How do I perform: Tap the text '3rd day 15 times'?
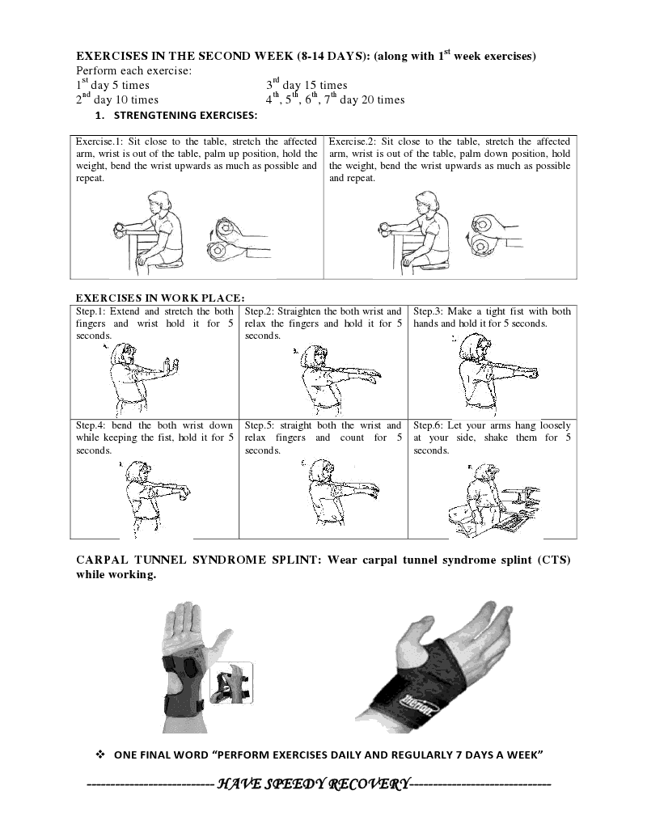307,85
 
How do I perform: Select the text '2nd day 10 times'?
117,100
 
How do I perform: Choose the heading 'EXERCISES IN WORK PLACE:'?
160,297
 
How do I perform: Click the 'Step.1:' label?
91,311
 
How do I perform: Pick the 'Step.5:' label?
260,425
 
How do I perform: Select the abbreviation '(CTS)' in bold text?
552,561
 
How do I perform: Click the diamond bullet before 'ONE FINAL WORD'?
101,755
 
